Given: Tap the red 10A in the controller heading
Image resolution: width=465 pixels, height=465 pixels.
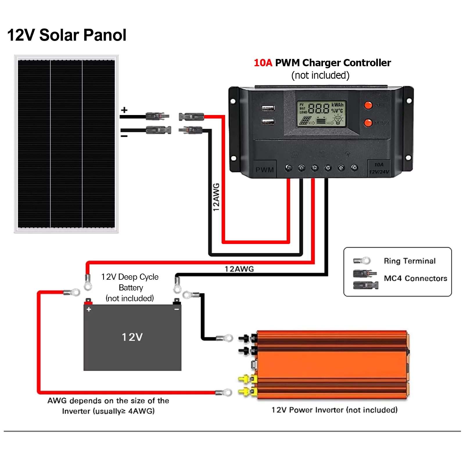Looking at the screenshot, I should [263, 63].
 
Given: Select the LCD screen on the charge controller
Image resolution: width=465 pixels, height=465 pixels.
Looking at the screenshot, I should [321, 114].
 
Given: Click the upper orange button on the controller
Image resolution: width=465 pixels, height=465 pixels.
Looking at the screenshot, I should [368, 105].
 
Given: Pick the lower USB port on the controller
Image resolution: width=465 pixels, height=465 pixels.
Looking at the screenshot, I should [268, 121].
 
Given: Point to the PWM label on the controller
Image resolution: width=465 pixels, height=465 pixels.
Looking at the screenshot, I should [265, 170].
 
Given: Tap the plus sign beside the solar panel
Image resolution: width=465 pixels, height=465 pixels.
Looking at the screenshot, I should [124, 110].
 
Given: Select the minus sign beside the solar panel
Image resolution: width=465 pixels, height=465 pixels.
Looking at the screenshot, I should [124, 136].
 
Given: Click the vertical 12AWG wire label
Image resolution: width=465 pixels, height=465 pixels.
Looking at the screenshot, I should [216, 197].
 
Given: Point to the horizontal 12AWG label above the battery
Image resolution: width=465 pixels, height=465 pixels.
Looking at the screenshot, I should [239, 269].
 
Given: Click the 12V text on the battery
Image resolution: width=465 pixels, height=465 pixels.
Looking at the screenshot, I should [132, 337].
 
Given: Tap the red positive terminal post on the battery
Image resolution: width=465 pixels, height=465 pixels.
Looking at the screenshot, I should [88, 301].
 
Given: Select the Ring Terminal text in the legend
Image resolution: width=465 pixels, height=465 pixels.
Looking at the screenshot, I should [410, 261].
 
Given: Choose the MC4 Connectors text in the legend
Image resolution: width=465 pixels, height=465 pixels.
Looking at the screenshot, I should [415, 278].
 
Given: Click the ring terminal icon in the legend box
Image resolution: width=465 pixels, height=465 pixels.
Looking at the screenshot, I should [362, 261].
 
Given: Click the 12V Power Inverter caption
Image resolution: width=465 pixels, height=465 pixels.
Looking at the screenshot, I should [334, 410].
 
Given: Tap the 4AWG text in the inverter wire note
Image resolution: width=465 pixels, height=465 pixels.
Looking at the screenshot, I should [141, 411].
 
